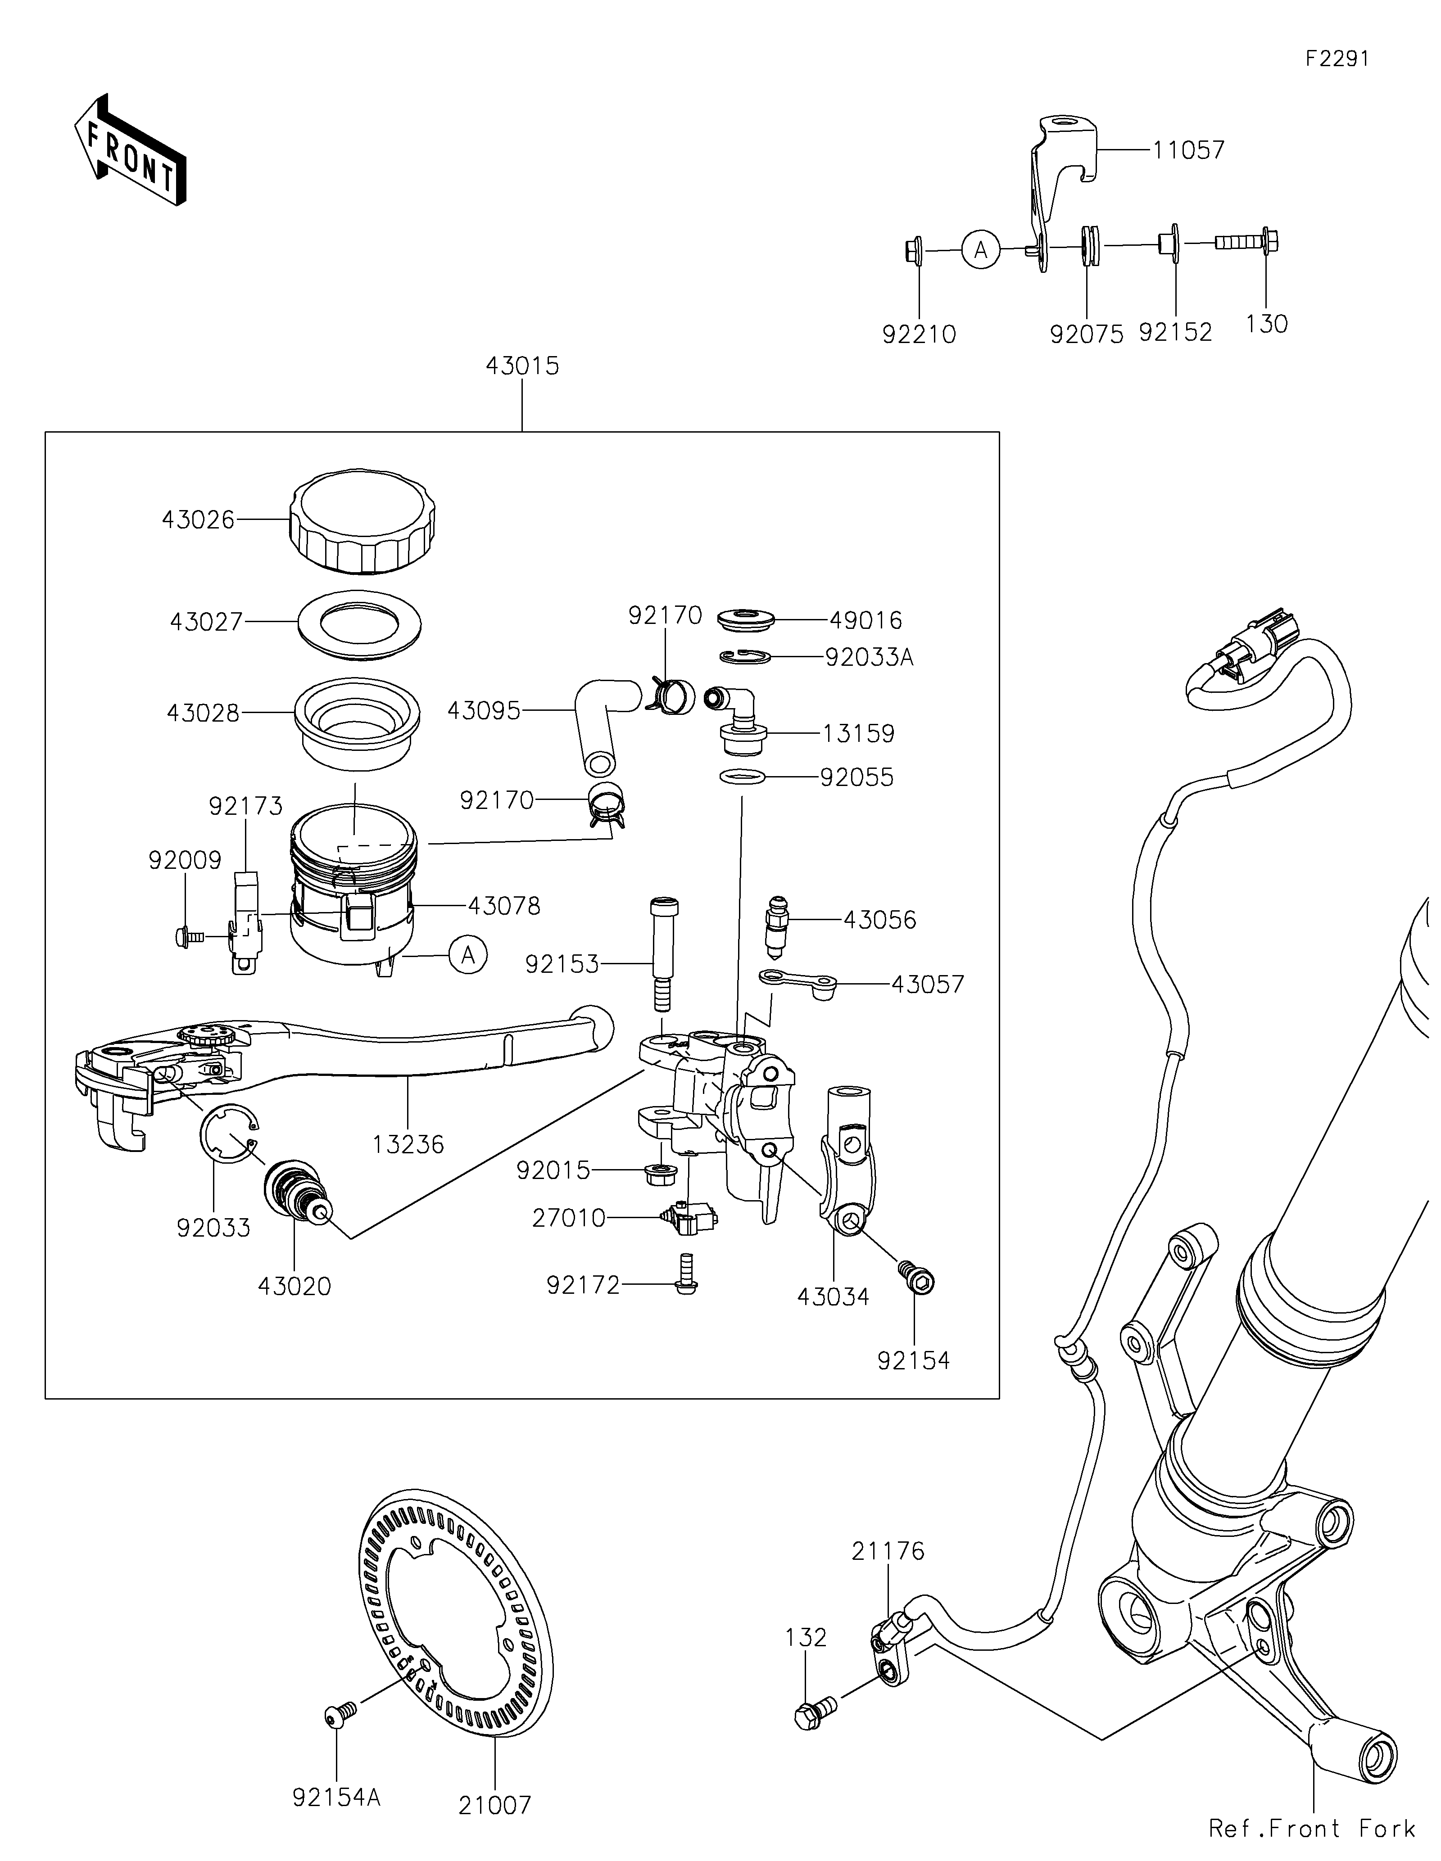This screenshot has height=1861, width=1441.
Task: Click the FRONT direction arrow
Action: [130, 151]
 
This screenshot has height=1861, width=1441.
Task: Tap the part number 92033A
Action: [869, 658]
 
